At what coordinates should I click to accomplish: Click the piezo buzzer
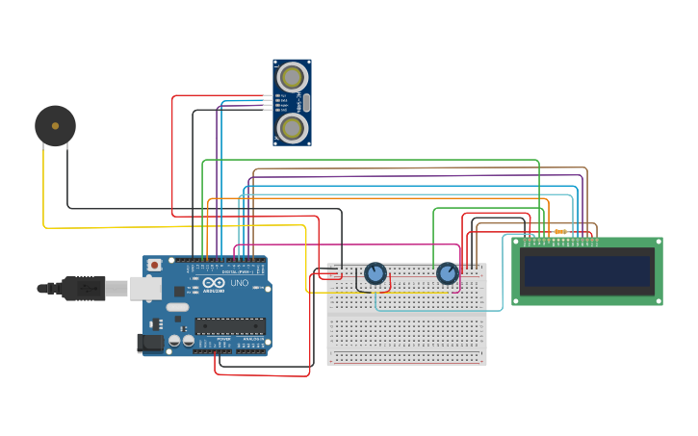pyautogui.click(x=55, y=126)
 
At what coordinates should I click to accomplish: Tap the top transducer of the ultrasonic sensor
pyautogui.click(x=292, y=77)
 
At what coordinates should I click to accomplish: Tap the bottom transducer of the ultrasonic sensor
pyautogui.click(x=292, y=127)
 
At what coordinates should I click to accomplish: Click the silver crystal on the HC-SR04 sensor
pyautogui.click(x=306, y=102)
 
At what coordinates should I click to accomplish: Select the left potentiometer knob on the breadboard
pyautogui.click(x=375, y=273)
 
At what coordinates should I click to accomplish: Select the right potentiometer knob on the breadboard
pyautogui.click(x=448, y=273)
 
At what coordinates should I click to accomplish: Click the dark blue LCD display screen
pyautogui.click(x=587, y=270)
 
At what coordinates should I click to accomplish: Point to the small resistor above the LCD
pyautogui.click(x=559, y=231)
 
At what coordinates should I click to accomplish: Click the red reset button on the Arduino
pyautogui.click(x=153, y=264)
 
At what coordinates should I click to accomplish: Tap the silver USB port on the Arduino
pyautogui.click(x=145, y=287)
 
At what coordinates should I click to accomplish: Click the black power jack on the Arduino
pyautogui.click(x=150, y=343)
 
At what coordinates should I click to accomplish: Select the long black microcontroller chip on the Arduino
pyautogui.click(x=229, y=326)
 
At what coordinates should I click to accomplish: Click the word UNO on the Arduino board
pyautogui.click(x=239, y=283)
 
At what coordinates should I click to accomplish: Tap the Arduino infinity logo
pyautogui.click(x=214, y=283)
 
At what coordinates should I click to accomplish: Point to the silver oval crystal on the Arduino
pyautogui.click(x=177, y=307)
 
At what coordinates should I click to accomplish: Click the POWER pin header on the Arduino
pyautogui.click(x=212, y=350)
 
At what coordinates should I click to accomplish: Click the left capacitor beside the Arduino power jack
pyautogui.click(x=174, y=341)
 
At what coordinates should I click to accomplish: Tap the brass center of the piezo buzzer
pyautogui.click(x=55, y=126)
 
